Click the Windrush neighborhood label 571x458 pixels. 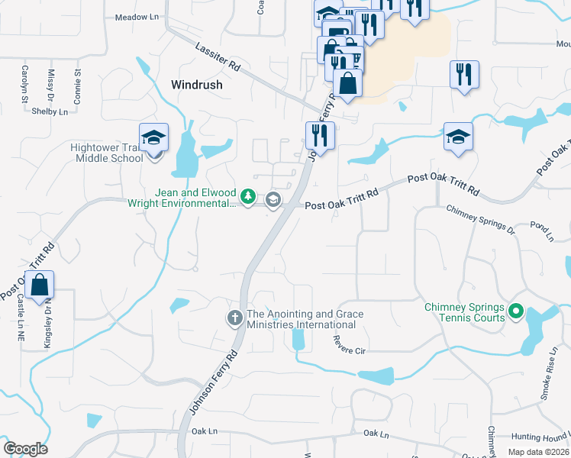[197, 85]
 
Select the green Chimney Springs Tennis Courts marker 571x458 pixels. [516, 311]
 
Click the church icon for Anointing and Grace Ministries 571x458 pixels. [235, 317]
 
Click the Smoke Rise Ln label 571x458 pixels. [546, 382]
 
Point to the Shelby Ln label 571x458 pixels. [50, 111]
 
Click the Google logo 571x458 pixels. [25, 448]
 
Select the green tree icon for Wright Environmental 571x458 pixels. [248, 198]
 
